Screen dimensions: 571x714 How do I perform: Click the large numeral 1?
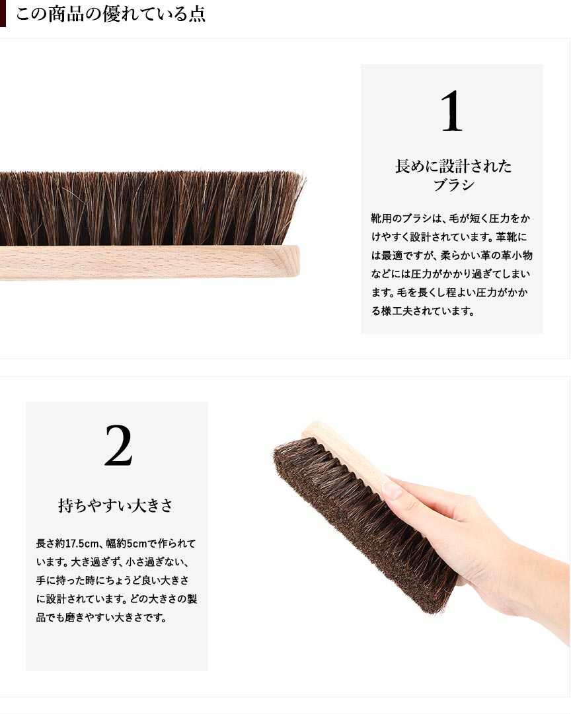click(451, 111)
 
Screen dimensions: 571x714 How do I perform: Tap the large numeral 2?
click(118, 445)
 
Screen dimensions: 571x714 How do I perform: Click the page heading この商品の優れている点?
click(111, 14)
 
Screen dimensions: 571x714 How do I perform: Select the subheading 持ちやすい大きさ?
click(116, 505)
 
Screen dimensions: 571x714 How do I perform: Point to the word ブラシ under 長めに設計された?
click(453, 185)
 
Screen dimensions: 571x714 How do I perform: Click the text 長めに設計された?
click(453, 166)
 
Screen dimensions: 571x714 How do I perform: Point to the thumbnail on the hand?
click(392, 489)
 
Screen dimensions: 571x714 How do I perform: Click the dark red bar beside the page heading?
click(3, 14)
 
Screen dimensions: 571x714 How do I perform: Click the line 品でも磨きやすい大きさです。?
click(101, 618)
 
